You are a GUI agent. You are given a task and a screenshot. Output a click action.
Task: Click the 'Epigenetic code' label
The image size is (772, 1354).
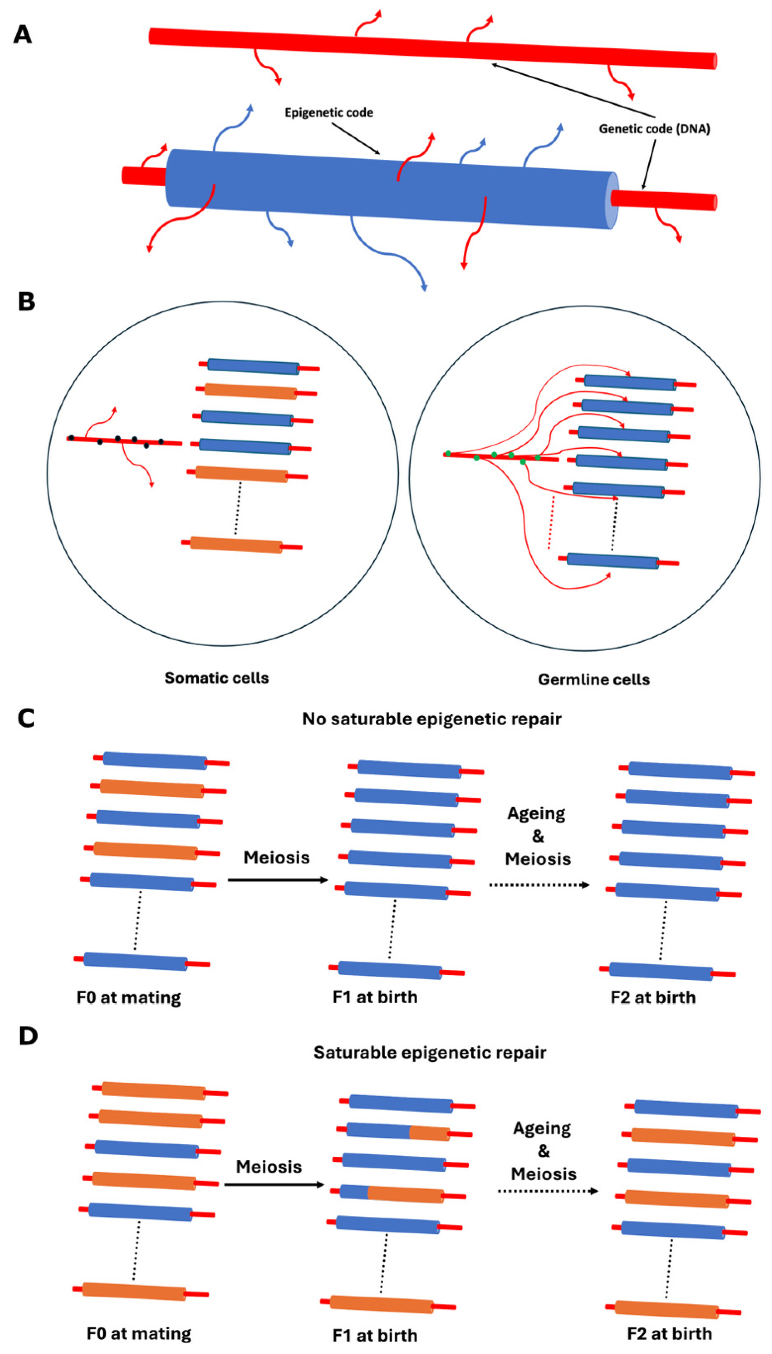[x=329, y=112]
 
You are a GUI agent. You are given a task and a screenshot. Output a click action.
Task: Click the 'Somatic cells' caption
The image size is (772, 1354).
[x=216, y=678]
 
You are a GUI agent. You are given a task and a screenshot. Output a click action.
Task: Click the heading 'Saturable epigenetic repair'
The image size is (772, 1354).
[x=429, y=1052]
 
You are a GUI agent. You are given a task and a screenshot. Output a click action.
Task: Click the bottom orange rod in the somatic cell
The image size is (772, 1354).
[x=236, y=544]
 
